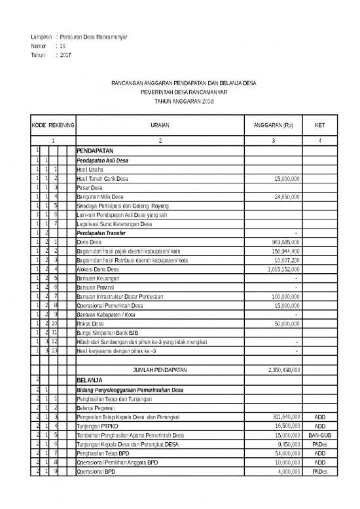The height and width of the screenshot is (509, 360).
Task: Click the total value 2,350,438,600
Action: point(281,370)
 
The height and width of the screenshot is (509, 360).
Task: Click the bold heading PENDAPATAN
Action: point(96,151)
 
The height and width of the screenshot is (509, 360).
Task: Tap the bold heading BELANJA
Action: point(90,379)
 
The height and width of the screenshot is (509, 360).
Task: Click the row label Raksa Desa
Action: point(91,324)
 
